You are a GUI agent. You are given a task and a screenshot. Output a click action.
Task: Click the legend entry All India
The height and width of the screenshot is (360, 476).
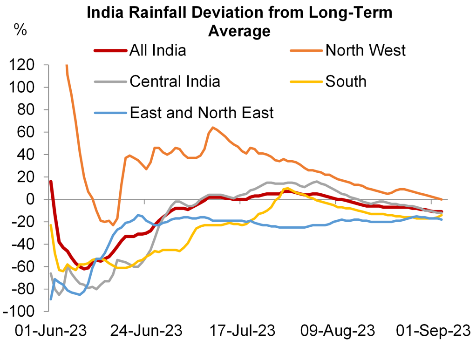(157, 50)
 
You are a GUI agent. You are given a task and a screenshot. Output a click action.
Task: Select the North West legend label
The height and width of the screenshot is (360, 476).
(366, 50)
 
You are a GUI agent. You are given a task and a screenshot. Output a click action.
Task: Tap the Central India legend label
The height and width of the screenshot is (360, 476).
(175, 81)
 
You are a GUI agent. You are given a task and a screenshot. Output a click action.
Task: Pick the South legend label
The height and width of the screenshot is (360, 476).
(346, 81)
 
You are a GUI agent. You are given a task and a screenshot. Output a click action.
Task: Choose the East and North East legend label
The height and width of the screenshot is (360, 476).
(202, 112)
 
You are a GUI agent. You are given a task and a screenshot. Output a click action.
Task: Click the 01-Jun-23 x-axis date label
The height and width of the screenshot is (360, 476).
(51, 331)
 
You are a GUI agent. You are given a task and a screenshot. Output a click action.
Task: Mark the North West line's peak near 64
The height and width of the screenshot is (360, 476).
(213, 127)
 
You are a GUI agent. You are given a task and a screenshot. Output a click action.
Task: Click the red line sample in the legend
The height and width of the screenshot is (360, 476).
(110, 50)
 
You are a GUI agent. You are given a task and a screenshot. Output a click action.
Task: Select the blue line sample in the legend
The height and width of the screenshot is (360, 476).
(110, 113)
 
